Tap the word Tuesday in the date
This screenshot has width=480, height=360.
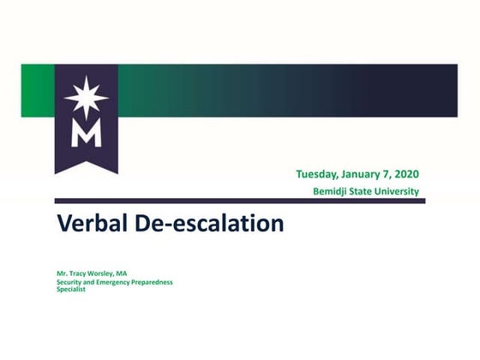coord(322,175)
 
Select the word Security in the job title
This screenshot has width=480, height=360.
coord(70,282)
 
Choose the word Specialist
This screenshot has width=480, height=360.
coord(71,289)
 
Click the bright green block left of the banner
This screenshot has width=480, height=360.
coord(37,90)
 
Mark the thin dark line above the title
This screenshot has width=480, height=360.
coord(240,201)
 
